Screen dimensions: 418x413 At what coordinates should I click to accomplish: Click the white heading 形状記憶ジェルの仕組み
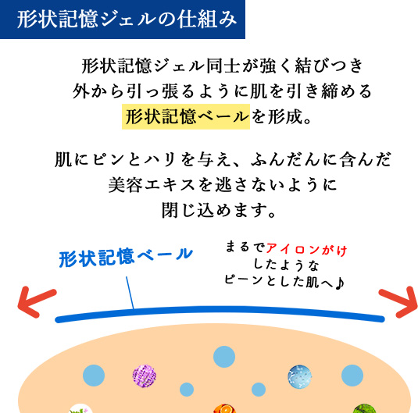point(127,20)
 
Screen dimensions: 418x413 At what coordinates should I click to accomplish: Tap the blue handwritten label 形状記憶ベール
point(126,257)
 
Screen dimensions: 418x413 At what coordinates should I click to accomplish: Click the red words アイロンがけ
point(306,250)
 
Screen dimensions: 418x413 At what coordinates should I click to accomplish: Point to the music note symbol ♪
point(339,283)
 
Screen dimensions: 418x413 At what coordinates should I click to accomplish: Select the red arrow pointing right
point(398,302)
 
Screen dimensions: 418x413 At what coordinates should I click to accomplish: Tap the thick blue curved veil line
point(220,309)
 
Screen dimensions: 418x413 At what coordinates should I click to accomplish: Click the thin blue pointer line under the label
point(130,293)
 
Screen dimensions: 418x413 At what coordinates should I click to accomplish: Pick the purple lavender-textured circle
point(145,376)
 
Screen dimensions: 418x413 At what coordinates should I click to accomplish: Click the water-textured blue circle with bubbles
point(300,376)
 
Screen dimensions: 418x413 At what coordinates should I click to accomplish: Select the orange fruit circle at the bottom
point(224,408)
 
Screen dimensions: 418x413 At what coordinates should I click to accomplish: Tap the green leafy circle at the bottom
point(364,408)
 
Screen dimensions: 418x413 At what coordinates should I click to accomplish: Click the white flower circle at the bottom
point(80,409)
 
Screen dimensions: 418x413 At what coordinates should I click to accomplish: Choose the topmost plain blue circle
point(224,357)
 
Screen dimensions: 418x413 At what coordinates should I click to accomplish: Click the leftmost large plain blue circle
point(94,376)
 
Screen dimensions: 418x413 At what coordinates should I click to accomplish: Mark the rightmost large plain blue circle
point(352,376)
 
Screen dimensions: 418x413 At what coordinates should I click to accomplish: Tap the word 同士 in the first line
point(223,66)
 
